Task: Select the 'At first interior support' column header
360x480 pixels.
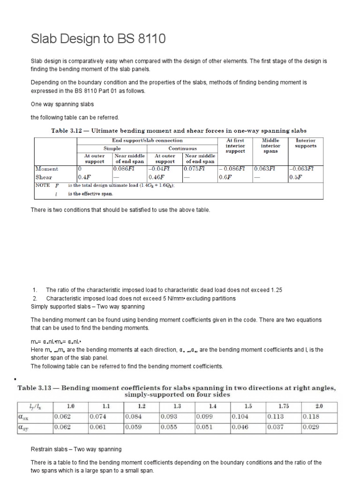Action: (x=235, y=145)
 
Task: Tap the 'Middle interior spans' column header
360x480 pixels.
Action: (x=270, y=145)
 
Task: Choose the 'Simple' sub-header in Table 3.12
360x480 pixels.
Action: (x=112, y=148)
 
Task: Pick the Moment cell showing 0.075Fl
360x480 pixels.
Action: (x=195, y=169)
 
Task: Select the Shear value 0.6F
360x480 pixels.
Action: (x=225, y=177)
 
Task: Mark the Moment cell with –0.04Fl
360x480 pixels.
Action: (x=158, y=169)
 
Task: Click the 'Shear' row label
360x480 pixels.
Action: (x=44, y=177)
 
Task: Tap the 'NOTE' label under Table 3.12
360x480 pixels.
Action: (x=43, y=185)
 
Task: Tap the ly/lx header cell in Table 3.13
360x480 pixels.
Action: (x=35, y=406)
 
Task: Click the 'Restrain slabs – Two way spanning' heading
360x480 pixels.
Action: (x=76, y=449)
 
